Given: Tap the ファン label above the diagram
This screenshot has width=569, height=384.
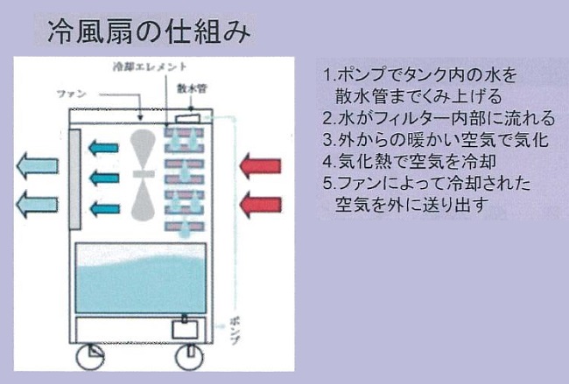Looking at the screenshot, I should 71,91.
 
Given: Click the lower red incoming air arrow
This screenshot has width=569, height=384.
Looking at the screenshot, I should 261,206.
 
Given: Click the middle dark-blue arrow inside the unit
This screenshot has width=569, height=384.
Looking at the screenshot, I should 105,178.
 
